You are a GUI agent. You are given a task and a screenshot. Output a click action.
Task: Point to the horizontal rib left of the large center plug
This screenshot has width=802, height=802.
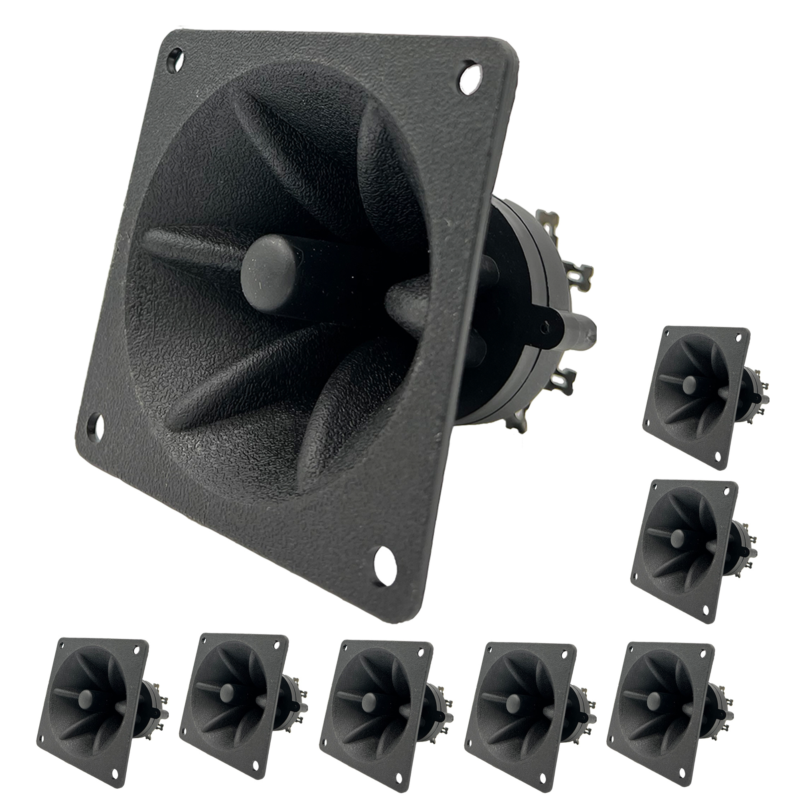[x=191, y=245]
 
